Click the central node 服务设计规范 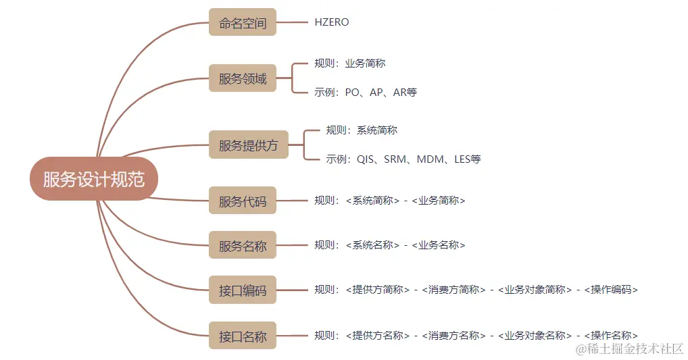93,179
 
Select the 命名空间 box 243,22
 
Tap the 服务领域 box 243,78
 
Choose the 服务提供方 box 248,145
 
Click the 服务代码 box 243,201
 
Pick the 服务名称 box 243,246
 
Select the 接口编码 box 243,291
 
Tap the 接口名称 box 243,336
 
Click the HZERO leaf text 332,22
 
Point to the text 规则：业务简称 350,63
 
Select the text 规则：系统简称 362,130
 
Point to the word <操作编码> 611,290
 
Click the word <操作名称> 611,335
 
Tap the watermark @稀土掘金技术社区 629,349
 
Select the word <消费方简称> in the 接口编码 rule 453,290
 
